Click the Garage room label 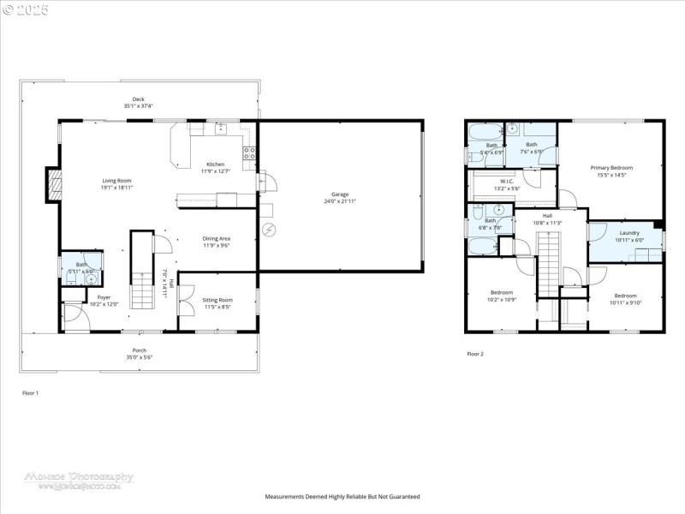pyautogui.click(x=340, y=195)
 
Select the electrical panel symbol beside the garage pyautogui.click(x=270, y=229)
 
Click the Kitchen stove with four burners pyautogui.click(x=251, y=154)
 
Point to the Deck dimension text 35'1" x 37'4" pyautogui.click(x=139, y=106)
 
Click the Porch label pyautogui.click(x=139, y=350)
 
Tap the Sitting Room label pyautogui.click(x=217, y=300)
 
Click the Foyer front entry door pyautogui.click(x=73, y=318)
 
